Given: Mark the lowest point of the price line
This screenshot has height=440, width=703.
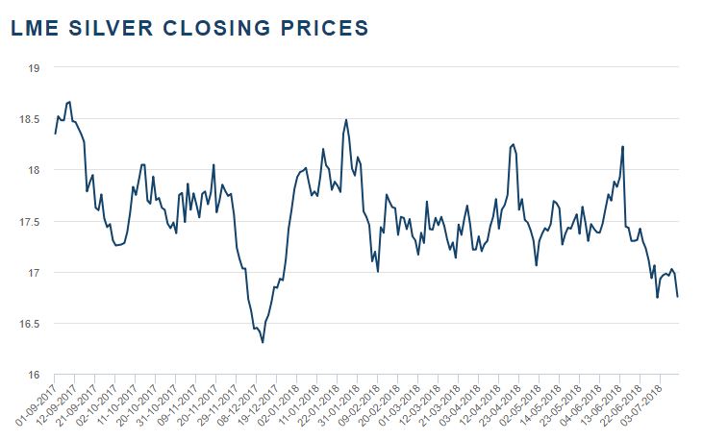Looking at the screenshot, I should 263,342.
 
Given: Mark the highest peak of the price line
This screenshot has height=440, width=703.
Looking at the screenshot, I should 69,101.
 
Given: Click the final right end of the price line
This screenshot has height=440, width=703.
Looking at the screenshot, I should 677,297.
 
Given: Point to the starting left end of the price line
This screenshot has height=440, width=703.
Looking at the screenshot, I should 55,134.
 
